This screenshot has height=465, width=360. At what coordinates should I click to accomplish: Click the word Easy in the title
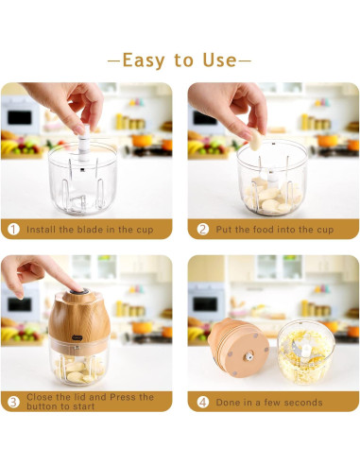click(x=143, y=60)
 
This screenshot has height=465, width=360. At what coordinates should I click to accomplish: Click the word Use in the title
click(x=218, y=60)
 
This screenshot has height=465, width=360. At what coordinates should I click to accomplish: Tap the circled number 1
click(x=12, y=229)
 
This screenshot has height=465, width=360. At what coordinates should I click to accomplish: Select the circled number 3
click(x=12, y=402)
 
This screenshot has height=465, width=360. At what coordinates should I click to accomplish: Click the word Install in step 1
click(x=43, y=229)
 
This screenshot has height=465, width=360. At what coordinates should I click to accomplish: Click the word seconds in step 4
click(x=301, y=402)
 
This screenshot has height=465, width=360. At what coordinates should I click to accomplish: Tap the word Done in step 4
click(x=229, y=402)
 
